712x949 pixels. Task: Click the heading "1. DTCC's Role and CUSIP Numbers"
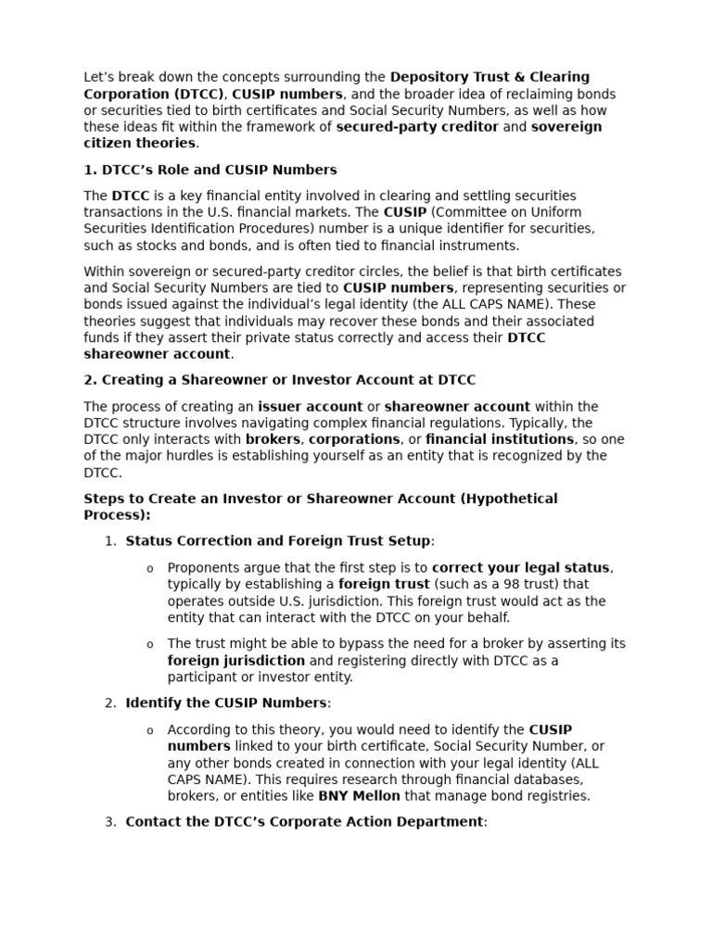[x=210, y=170]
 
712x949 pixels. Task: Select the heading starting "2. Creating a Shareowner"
[x=280, y=380]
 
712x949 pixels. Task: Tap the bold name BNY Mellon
[x=359, y=796]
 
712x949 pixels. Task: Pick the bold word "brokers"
[x=273, y=439]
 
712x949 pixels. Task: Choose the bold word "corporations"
[x=354, y=439]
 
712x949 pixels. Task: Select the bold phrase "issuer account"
[x=310, y=406]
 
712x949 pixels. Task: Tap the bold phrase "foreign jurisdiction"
[x=235, y=661]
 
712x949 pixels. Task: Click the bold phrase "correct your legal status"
[x=520, y=567]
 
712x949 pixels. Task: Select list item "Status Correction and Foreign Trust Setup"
[x=278, y=541]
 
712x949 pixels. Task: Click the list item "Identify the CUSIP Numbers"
[x=226, y=703]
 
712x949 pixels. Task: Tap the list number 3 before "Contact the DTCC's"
[x=109, y=822]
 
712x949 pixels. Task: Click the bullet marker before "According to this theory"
[x=150, y=730]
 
